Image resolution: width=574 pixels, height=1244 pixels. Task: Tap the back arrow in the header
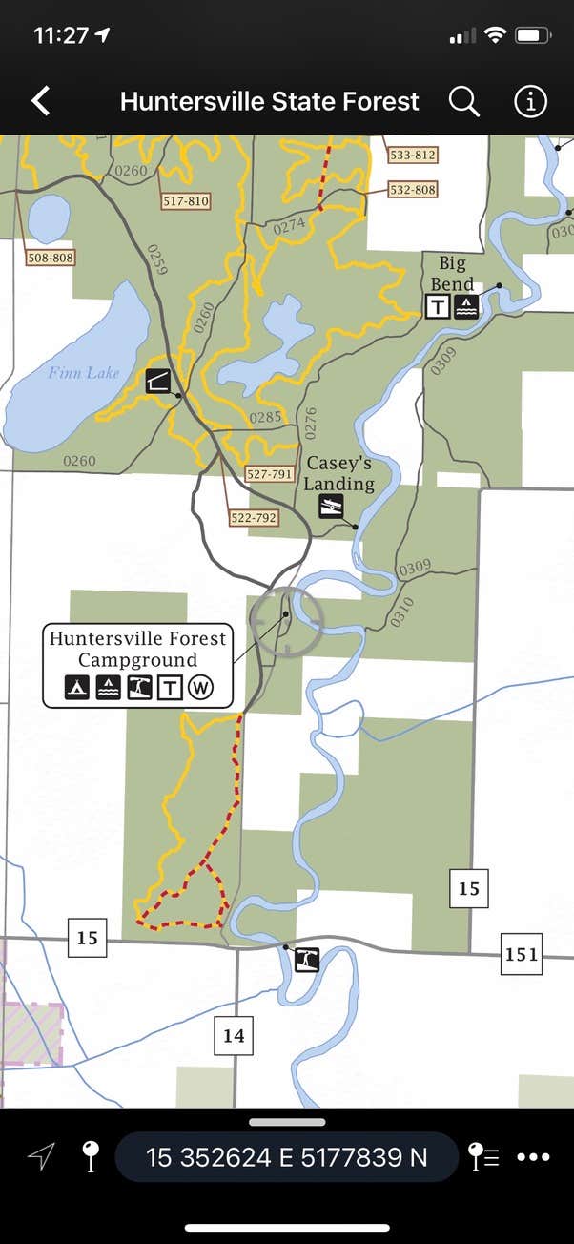point(40,101)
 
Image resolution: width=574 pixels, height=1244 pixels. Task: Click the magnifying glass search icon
point(463,101)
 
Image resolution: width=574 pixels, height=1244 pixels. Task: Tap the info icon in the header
point(530,101)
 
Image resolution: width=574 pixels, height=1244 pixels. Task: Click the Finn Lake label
point(84,373)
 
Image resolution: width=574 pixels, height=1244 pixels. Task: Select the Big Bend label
point(451,274)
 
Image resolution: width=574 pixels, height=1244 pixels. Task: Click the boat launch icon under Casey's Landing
point(331,507)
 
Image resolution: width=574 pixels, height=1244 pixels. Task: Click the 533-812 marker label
point(412,155)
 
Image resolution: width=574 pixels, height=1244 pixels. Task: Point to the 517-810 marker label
point(186,201)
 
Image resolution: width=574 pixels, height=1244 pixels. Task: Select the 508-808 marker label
point(51,258)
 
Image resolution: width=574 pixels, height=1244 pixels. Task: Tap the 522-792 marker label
point(253,518)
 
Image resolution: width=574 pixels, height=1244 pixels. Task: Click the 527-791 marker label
point(269,474)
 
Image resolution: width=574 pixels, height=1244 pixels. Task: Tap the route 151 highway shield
point(521,954)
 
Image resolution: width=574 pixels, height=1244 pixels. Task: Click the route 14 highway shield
point(234,1035)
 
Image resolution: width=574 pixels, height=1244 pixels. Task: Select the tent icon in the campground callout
point(77,687)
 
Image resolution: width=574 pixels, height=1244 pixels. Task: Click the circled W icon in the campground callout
point(199,687)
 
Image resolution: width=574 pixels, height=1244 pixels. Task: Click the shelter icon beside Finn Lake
point(159,382)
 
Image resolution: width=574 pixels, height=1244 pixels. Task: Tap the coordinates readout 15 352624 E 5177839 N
point(286,1157)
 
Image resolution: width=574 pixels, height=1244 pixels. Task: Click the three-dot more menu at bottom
point(533,1157)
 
